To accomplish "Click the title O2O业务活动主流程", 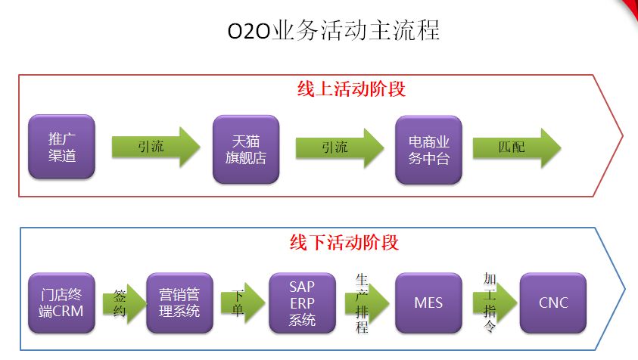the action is coord(333,30).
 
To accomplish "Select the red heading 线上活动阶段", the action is coord(351,89).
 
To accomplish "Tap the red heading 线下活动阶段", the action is coord(344,243).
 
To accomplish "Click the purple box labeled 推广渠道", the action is coord(61,147).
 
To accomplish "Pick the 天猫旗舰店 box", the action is coord(246,149).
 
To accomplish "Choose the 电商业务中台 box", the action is coord(428,150).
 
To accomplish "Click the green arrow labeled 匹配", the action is coord(517,147).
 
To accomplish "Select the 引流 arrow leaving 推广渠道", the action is coord(156,147).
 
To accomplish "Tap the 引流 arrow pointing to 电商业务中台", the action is coord(340,147).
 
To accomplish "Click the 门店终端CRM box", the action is coord(61,303).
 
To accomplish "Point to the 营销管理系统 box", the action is coord(179,303).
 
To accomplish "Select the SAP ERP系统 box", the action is coord(302,303).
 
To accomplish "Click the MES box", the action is coord(428,303).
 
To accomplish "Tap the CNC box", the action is coord(553,303).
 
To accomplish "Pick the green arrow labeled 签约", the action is coord(125,303).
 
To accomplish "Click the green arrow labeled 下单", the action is coord(243,303).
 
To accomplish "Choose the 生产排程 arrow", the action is coord(367,303).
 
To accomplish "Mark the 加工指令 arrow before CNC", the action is coord(495,303).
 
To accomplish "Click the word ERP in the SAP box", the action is coord(302,303).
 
